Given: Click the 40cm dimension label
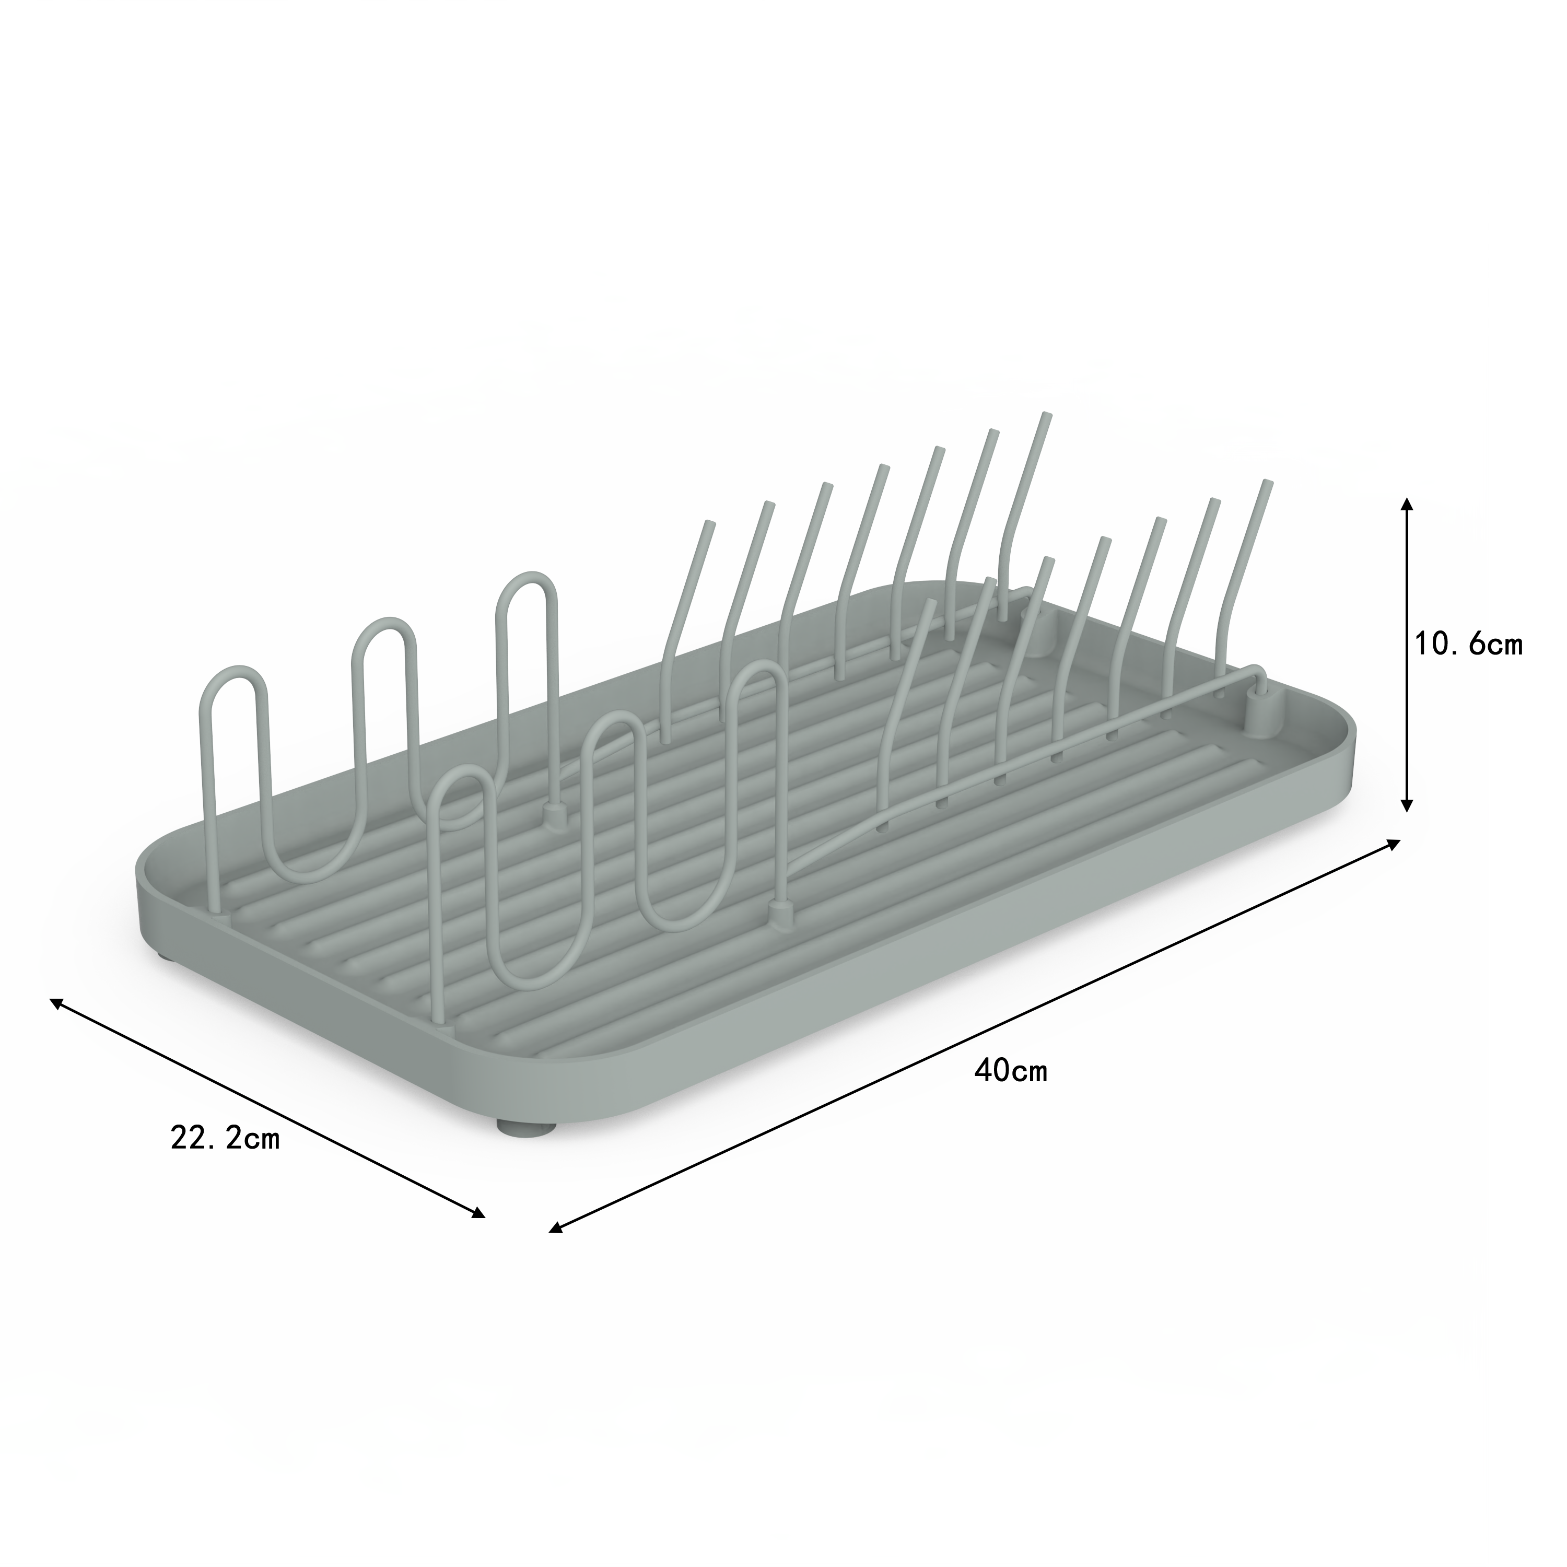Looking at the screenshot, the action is (x=1011, y=1071).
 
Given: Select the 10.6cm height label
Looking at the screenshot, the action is (x=1469, y=644).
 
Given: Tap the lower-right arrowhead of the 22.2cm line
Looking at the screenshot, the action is (x=478, y=1236).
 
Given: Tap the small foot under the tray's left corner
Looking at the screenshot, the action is (x=166, y=956).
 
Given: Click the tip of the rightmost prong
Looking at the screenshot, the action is (x=1267, y=484).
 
